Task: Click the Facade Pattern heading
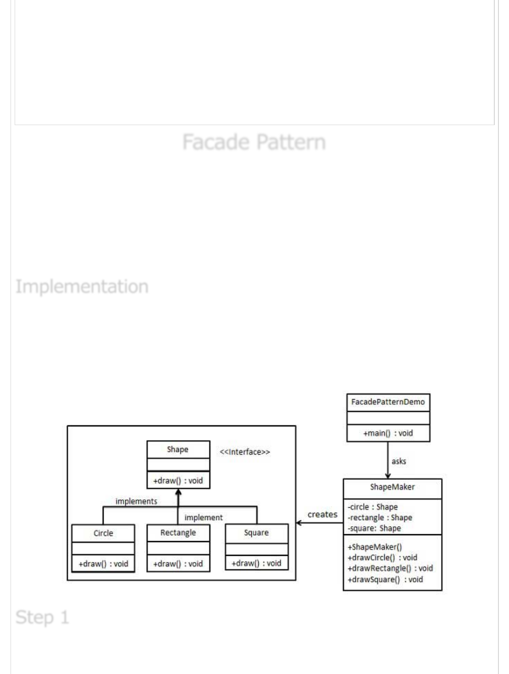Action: coord(254,142)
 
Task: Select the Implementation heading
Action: coord(82,287)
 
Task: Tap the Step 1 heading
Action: coord(42,617)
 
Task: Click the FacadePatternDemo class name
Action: coord(388,402)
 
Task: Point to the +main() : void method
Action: coord(388,433)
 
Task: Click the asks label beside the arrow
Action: coord(398,461)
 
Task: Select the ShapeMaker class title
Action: coord(392,487)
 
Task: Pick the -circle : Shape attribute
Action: coord(373,507)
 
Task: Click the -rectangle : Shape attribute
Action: coord(380,517)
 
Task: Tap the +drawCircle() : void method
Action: coord(382,558)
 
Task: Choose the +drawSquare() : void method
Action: coord(385,579)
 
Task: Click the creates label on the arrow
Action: coord(322,515)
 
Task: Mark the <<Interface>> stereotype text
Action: coord(245,452)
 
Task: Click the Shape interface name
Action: coord(177,449)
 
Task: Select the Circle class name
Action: coord(103,533)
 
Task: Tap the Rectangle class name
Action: coord(178,532)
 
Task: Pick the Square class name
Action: coord(256,532)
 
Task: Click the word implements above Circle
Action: coord(136,501)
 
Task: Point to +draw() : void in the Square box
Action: coord(256,563)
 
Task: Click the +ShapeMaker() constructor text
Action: coord(375,547)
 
